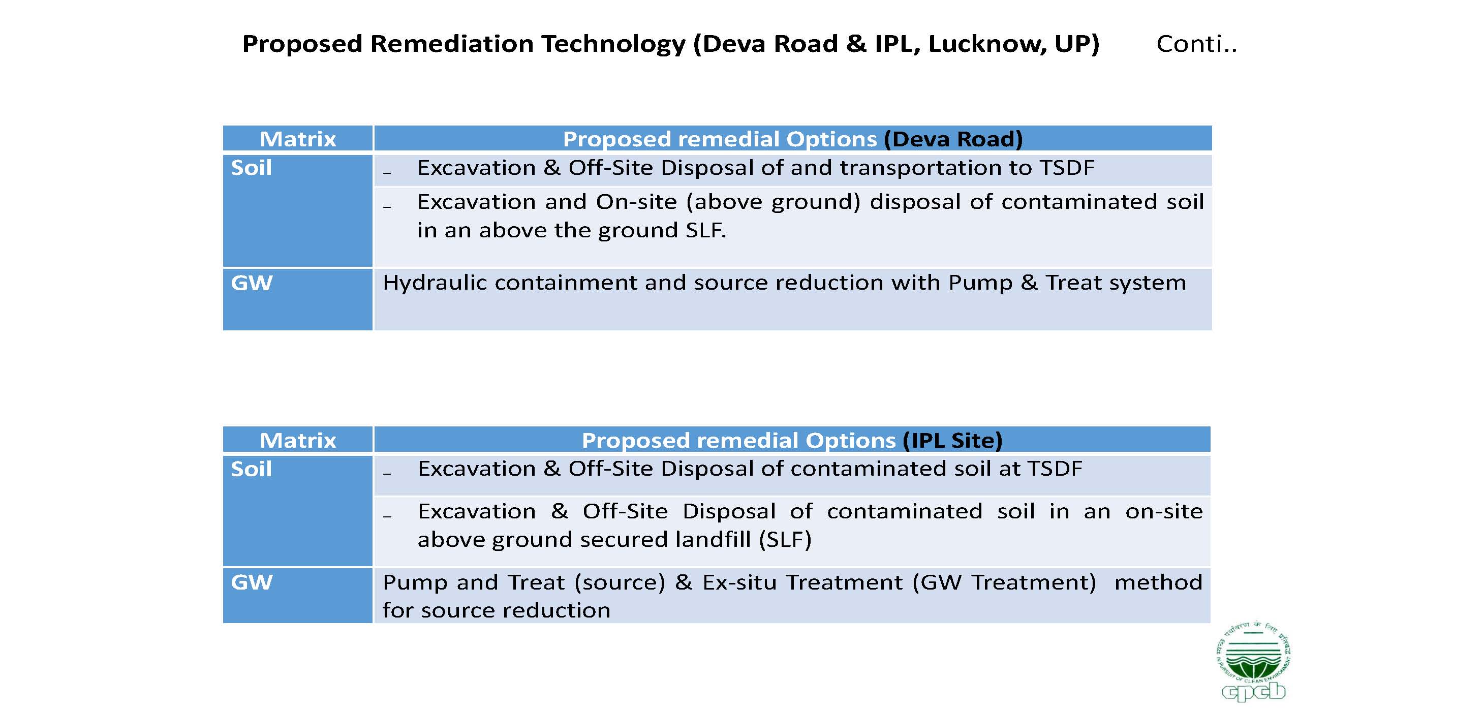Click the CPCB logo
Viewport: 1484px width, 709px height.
pyautogui.click(x=1254, y=661)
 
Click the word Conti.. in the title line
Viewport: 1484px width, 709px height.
pyautogui.click(x=1196, y=44)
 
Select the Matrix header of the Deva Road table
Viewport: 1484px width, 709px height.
pyautogui.click(x=298, y=139)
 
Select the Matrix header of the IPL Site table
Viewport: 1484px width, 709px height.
pyautogui.click(x=298, y=440)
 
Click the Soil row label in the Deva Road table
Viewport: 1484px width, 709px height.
pyautogui.click(x=251, y=168)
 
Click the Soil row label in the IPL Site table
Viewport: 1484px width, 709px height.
pyautogui.click(x=251, y=469)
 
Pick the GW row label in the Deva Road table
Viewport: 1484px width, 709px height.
pyautogui.click(x=252, y=283)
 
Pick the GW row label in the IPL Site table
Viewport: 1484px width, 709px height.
pyautogui.click(x=252, y=582)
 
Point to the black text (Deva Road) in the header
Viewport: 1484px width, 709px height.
pyautogui.click(x=953, y=139)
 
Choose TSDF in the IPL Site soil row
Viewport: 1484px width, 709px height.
pyautogui.click(x=1055, y=469)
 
